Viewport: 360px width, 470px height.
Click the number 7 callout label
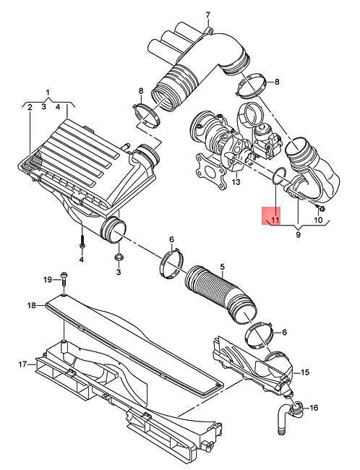(x=207, y=15)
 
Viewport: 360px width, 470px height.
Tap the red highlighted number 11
(x=274, y=216)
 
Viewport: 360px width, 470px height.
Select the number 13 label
(x=235, y=183)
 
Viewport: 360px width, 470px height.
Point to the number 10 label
(x=319, y=218)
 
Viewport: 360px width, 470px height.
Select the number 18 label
(x=31, y=306)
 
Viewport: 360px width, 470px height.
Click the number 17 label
(x=22, y=364)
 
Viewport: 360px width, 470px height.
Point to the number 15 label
(x=305, y=372)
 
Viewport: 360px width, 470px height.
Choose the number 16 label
(x=313, y=409)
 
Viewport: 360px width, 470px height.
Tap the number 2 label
(x=30, y=107)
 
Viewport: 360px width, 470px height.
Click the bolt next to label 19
(x=64, y=280)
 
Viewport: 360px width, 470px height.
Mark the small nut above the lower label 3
(x=118, y=257)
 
